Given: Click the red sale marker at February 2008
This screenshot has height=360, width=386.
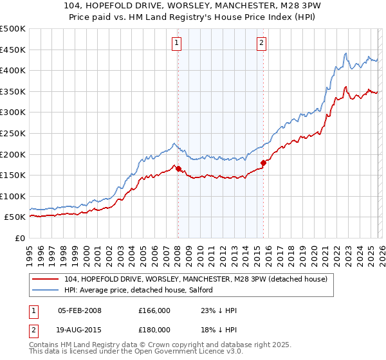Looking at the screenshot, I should pyautogui.click(x=178, y=169).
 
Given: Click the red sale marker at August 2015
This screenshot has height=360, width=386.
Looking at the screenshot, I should pyautogui.click(x=264, y=163).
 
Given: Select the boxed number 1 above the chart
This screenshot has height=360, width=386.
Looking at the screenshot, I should pyautogui.click(x=176, y=43).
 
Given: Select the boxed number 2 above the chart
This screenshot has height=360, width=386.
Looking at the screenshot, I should pyautogui.click(x=262, y=43).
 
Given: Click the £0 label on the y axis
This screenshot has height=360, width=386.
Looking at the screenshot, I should pyautogui.click(x=19, y=239).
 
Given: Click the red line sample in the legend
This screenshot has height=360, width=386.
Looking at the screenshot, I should pyautogui.click(x=46, y=279).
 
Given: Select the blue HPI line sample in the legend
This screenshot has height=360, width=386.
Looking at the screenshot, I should pyautogui.click(x=46, y=290).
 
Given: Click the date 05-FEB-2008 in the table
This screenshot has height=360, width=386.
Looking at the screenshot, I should pyautogui.click(x=80, y=311).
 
